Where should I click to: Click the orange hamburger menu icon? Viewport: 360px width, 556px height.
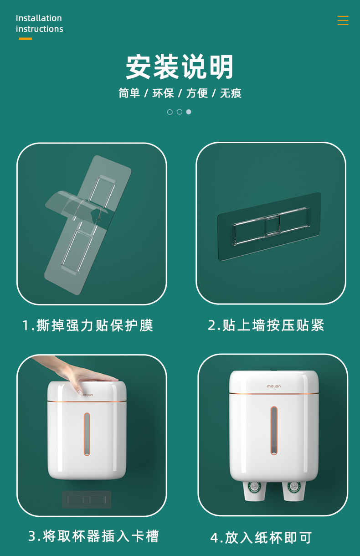[343, 21]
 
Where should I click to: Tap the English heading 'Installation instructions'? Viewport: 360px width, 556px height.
[40, 24]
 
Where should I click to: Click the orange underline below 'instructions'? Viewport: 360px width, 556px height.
[26, 39]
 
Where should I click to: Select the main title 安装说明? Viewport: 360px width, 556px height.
[180, 67]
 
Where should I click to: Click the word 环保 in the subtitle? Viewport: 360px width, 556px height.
[163, 93]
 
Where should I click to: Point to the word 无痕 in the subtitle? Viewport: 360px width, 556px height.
[231, 93]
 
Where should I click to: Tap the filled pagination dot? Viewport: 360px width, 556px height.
[189, 112]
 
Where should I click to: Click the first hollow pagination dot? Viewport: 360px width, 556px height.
[170, 112]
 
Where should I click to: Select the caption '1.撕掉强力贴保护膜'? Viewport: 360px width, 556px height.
[87, 325]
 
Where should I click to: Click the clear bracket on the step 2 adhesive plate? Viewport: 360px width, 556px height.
[271, 226]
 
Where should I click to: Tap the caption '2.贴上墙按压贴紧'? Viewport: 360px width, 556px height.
[266, 325]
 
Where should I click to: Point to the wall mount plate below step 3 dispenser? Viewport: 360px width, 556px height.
[87, 499]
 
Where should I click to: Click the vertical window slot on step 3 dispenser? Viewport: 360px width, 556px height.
[87, 434]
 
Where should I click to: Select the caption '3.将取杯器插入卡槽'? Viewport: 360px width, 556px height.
[93, 536]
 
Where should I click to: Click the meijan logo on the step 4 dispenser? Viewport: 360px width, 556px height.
[274, 386]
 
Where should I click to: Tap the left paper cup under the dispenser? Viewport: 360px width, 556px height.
[254, 492]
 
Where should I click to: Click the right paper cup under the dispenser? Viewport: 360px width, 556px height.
[294, 492]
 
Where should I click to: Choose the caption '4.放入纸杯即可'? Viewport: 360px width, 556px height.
[261, 538]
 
